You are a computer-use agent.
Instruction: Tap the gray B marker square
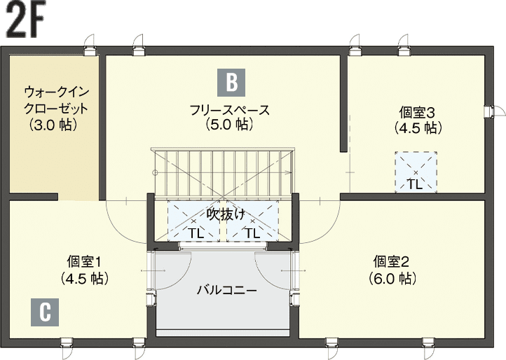pos(231,83)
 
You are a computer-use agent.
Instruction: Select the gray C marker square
pos(45,312)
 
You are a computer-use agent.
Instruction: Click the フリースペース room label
pos(229,110)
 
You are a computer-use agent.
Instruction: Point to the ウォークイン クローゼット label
pos(56,99)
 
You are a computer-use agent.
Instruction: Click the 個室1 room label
pos(84,262)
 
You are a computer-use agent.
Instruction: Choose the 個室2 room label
pos(391,262)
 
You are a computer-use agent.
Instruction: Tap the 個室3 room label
pos(417,113)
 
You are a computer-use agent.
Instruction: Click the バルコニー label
pos(227,291)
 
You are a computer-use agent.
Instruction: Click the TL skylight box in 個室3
pos(416,172)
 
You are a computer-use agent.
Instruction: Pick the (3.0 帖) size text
pos(53,125)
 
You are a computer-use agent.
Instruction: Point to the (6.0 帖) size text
pos(392,278)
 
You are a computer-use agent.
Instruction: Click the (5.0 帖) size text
pos(229,125)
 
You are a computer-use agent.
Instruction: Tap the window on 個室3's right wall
pos(490,111)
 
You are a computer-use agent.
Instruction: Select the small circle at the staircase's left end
pos(155,172)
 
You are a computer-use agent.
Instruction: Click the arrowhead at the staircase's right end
pos(287,172)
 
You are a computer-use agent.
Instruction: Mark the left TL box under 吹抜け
pos(193,221)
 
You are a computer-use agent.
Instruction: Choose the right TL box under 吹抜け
pos(253,221)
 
